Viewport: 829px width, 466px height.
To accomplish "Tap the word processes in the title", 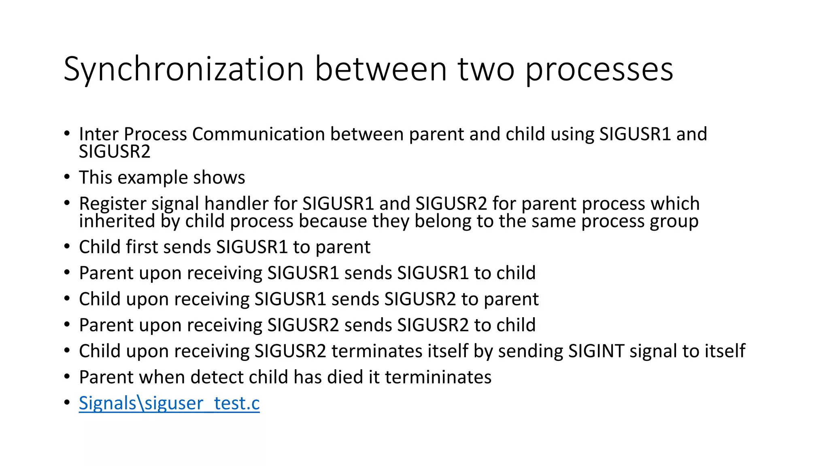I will [x=599, y=70].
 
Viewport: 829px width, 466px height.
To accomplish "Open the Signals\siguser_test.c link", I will [x=169, y=403].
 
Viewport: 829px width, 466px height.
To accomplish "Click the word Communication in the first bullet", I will [x=259, y=134].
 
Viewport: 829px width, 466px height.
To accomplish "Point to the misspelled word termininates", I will [x=438, y=377].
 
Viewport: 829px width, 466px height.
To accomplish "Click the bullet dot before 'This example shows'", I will [x=67, y=177].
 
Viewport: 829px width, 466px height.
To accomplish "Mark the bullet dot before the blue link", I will [x=67, y=402].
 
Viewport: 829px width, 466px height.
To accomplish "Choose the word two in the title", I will [x=486, y=70].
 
